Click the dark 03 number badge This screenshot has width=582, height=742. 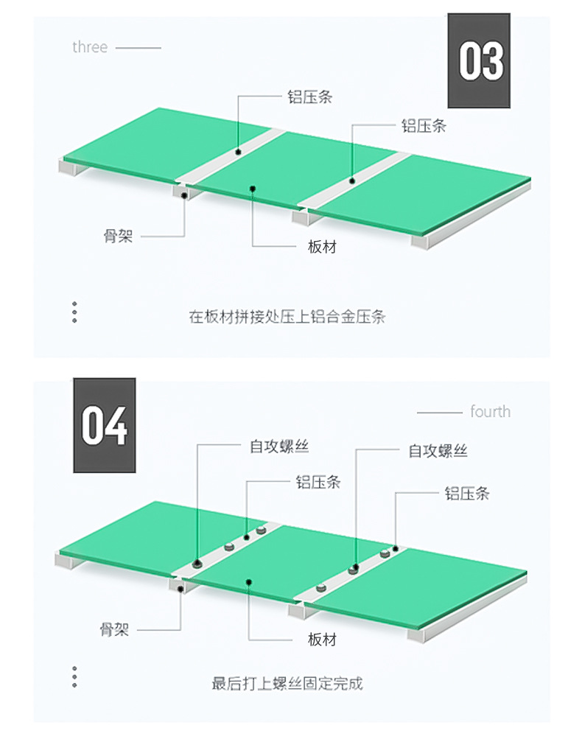click(480, 60)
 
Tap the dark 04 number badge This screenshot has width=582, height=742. click(104, 425)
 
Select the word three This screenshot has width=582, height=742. click(90, 47)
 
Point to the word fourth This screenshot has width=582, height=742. click(490, 411)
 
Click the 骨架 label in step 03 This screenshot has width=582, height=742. click(118, 237)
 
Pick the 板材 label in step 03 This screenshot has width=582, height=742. click(322, 247)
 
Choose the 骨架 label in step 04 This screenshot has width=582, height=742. click(114, 630)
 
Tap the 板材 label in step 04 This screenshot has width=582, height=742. click(322, 639)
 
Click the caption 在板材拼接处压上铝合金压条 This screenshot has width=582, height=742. click(287, 317)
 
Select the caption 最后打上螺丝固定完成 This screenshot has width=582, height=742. click(287, 683)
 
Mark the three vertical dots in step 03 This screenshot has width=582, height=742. click(74, 312)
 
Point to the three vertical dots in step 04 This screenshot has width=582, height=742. click(74, 677)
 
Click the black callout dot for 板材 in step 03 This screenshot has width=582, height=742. click(252, 188)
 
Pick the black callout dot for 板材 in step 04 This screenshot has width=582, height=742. click(250, 582)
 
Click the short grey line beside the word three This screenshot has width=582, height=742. click(139, 48)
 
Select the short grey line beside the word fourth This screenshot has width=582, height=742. click(439, 412)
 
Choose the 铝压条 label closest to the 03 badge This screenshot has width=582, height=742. click(424, 126)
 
